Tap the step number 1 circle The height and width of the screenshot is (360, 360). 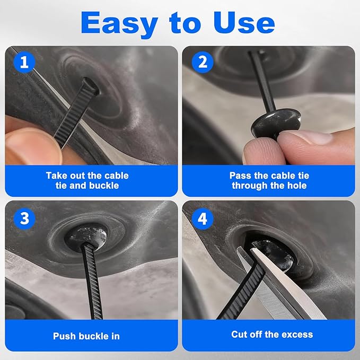(x=23, y=62)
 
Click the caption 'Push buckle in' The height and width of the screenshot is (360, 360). (x=86, y=336)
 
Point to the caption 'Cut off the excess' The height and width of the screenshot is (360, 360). (x=272, y=335)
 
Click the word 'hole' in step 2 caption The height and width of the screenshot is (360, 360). (x=295, y=186)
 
